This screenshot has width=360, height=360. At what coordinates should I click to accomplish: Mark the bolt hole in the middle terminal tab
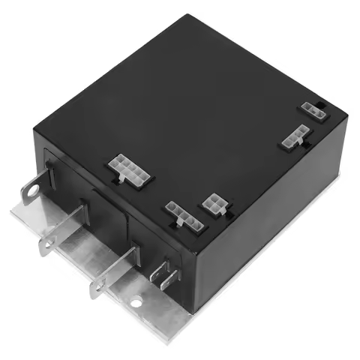tap(48, 243)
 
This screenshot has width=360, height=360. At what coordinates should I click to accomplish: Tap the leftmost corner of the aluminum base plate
tap(12, 213)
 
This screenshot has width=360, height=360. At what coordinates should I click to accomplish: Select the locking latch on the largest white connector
tap(120, 181)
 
